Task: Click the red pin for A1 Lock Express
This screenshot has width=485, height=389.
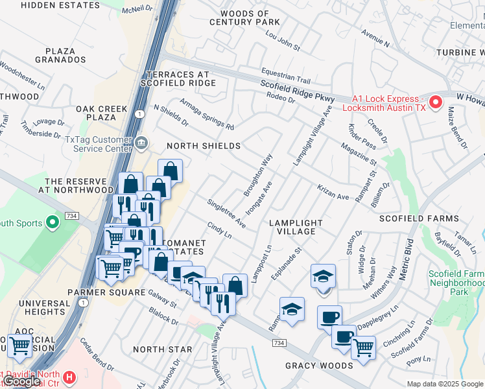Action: pyautogui.click(x=436, y=102)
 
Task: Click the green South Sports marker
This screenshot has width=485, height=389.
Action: pyautogui.click(x=53, y=224)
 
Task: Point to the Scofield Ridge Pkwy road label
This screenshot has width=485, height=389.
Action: pyautogui.click(x=298, y=91)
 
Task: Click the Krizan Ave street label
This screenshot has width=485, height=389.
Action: pyautogui.click(x=333, y=192)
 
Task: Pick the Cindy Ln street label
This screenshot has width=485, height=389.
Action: pyautogui.click(x=219, y=230)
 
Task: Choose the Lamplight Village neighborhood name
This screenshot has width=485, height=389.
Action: pyautogui.click(x=292, y=227)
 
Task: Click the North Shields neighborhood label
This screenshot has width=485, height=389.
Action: pyautogui.click(x=204, y=146)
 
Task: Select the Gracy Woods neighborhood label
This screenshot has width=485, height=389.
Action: pyautogui.click(x=312, y=366)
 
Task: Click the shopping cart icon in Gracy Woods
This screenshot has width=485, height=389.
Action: pyautogui.click(x=363, y=348)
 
